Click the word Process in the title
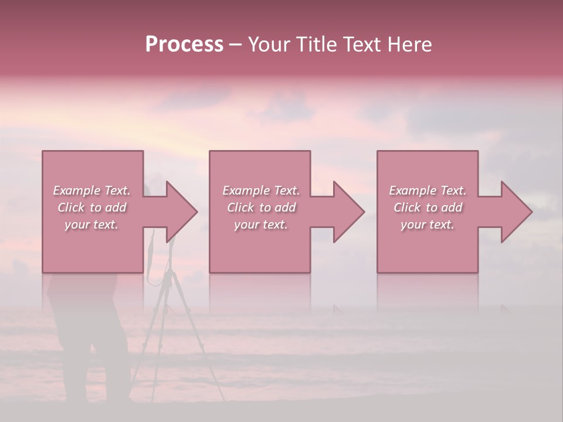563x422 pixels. (184, 45)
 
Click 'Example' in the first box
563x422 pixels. (76, 190)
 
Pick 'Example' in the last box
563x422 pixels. (412, 190)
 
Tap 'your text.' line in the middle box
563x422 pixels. (260, 224)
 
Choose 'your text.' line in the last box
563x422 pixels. (427, 224)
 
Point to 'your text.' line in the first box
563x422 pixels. (91, 224)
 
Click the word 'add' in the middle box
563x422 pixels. (285, 207)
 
